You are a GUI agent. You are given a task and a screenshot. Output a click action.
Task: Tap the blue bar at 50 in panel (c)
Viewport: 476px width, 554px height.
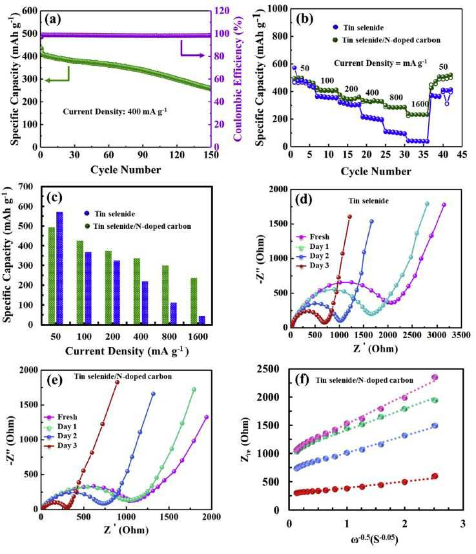tap(59, 268)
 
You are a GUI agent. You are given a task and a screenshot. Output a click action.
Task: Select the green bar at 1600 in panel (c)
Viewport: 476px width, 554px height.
tap(194, 301)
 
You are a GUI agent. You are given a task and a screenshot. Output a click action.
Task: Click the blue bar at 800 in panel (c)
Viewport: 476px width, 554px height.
tap(173, 314)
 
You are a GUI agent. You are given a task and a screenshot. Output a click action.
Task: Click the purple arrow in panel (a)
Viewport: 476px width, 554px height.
tap(192, 50)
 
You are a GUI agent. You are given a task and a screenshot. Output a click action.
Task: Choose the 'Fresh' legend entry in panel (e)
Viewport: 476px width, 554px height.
tap(60, 417)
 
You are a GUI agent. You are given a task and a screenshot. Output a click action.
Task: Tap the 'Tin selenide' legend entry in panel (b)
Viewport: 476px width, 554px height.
tap(358, 28)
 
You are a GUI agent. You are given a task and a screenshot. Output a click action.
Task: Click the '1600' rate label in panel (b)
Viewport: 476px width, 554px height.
tap(420, 104)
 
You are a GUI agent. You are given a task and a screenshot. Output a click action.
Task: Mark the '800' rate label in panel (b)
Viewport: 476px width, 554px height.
tap(396, 98)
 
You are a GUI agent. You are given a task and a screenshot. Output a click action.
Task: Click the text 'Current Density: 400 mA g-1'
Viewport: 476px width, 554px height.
tap(115, 111)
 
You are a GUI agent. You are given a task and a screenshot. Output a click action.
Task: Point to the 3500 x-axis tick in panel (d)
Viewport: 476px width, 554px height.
tap(460, 335)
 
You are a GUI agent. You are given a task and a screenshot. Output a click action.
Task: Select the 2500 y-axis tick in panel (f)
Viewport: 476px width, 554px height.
tap(269, 369)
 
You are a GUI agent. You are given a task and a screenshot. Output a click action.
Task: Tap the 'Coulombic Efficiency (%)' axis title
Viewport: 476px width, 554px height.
tap(238, 79)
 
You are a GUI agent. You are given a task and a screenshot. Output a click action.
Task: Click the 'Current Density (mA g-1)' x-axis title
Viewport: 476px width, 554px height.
tap(127, 351)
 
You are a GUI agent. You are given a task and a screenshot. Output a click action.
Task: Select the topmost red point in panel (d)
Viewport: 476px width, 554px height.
tap(349, 217)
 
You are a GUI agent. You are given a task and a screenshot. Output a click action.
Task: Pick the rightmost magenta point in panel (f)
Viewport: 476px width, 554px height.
tap(435, 378)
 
